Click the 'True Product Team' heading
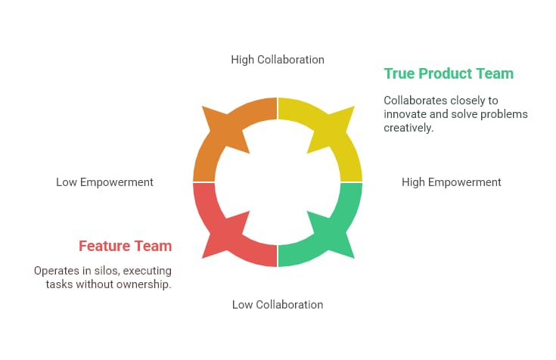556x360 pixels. pyautogui.click(x=449, y=73)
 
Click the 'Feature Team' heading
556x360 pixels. pyautogui.click(x=125, y=246)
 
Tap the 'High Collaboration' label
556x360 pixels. pyautogui.click(x=278, y=59)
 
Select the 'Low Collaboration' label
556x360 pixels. pyautogui.click(x=278, y=305)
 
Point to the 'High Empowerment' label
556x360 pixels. pyautogui.click(x=452, y=182)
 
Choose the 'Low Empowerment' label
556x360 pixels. pyautogui.click(x=104, y=182)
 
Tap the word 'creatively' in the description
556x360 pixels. pyautogui.click(x=408, y=128)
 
